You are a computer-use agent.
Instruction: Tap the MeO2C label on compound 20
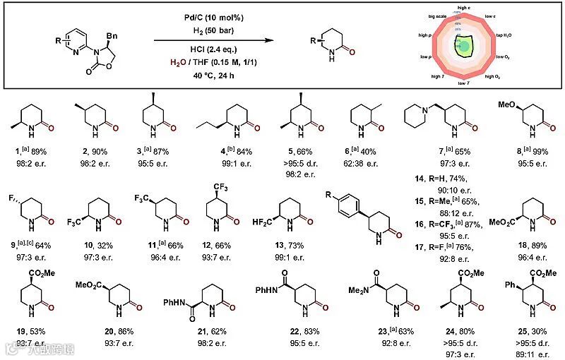pos(87,287)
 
